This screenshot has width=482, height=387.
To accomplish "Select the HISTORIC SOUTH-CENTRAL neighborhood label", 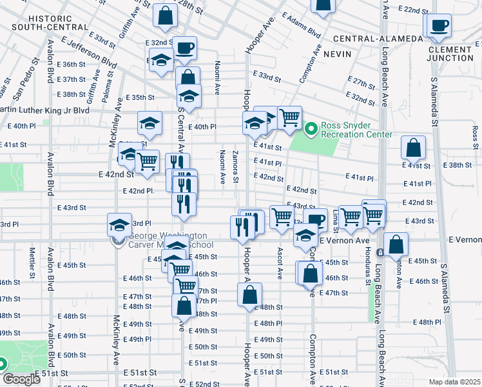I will [x=50, y=23].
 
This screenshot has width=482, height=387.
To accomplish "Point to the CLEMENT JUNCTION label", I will [x=449, y=54].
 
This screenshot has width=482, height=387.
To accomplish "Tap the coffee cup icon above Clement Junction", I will [x=439, y=26].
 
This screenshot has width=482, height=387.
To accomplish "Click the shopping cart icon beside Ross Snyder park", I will [x=289, y=117].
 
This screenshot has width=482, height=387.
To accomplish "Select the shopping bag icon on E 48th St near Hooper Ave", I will [x=249, y=295].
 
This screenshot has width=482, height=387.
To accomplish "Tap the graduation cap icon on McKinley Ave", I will [x=119, y=225].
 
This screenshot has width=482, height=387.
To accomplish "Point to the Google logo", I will [x=21, y=379].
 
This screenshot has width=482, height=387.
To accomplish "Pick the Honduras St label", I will [x=368, y=268].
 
